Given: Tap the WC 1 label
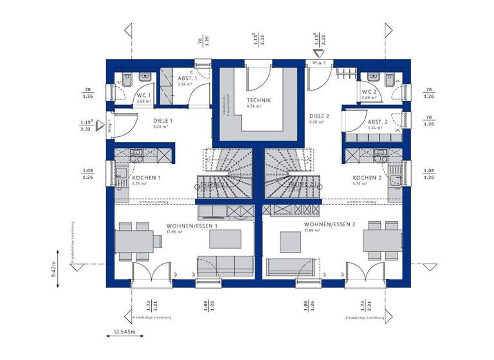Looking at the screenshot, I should coord(143,95).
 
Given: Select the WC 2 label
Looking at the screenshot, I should coord(369,92).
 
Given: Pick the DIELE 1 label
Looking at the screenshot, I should coord(163,120).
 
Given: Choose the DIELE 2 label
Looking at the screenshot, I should coord(319,116).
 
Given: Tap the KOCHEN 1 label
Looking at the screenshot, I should coord(146,177).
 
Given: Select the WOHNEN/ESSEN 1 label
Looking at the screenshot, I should coord(192,226).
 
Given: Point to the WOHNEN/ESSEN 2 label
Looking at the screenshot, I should coord(330,224).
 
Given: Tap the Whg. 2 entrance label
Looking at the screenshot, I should coord(320,62).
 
